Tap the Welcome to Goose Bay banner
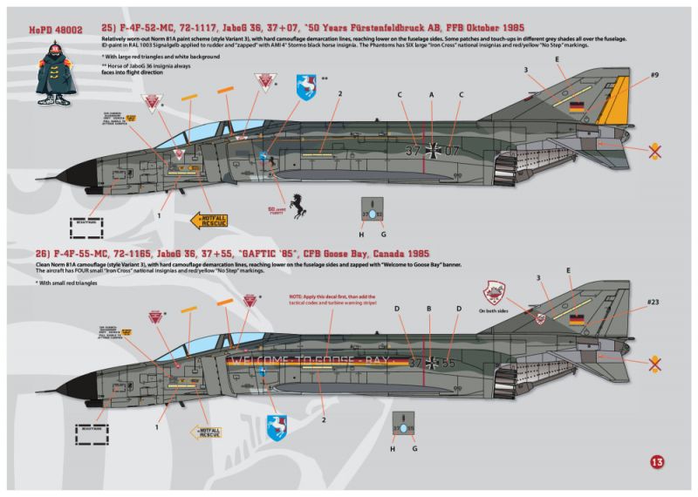[x=310, y=359]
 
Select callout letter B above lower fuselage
[x=428, y=309]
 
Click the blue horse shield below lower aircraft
[x=277, y=425]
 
